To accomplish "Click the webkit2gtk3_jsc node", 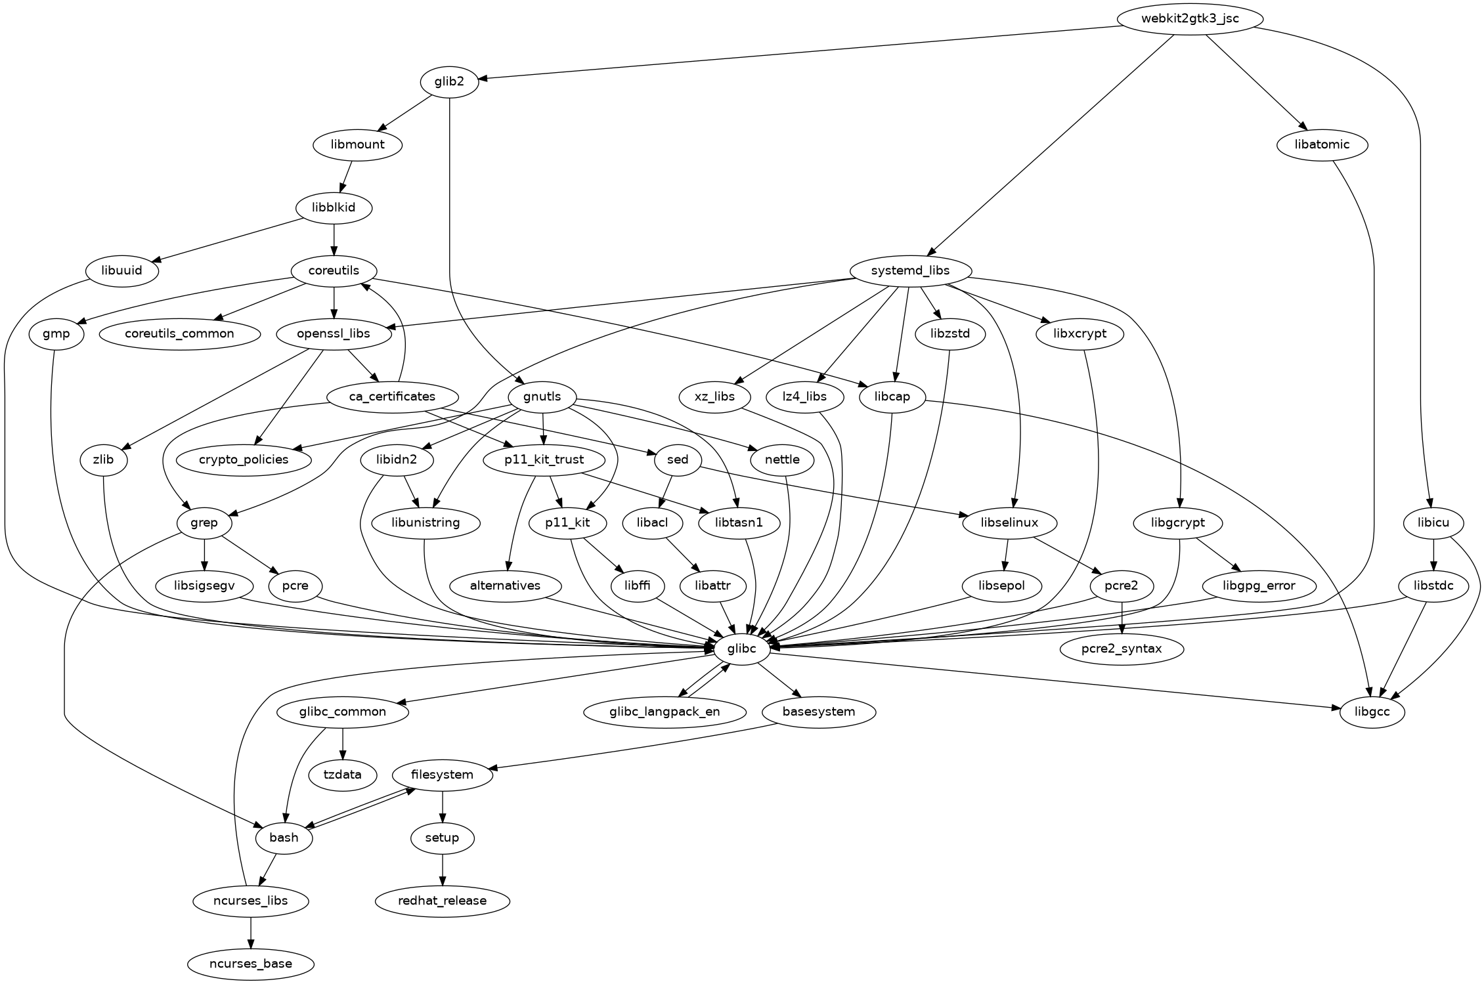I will coord(1189,18).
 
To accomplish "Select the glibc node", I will coord(741,649).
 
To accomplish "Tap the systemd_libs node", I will coord(909,270).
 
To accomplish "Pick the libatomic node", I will coord(1322,144).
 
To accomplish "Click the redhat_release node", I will coord(442,901).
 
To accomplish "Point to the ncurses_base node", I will coord(250,964).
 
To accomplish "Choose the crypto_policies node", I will coord(244,460).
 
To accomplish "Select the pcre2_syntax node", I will coord(1122,649).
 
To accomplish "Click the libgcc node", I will coord(1372,712).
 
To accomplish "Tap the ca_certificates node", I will coord(392,396).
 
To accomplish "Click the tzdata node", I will coord(343,775).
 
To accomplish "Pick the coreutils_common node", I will coord(179,333).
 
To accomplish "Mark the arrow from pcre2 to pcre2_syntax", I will coord(1122,617).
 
